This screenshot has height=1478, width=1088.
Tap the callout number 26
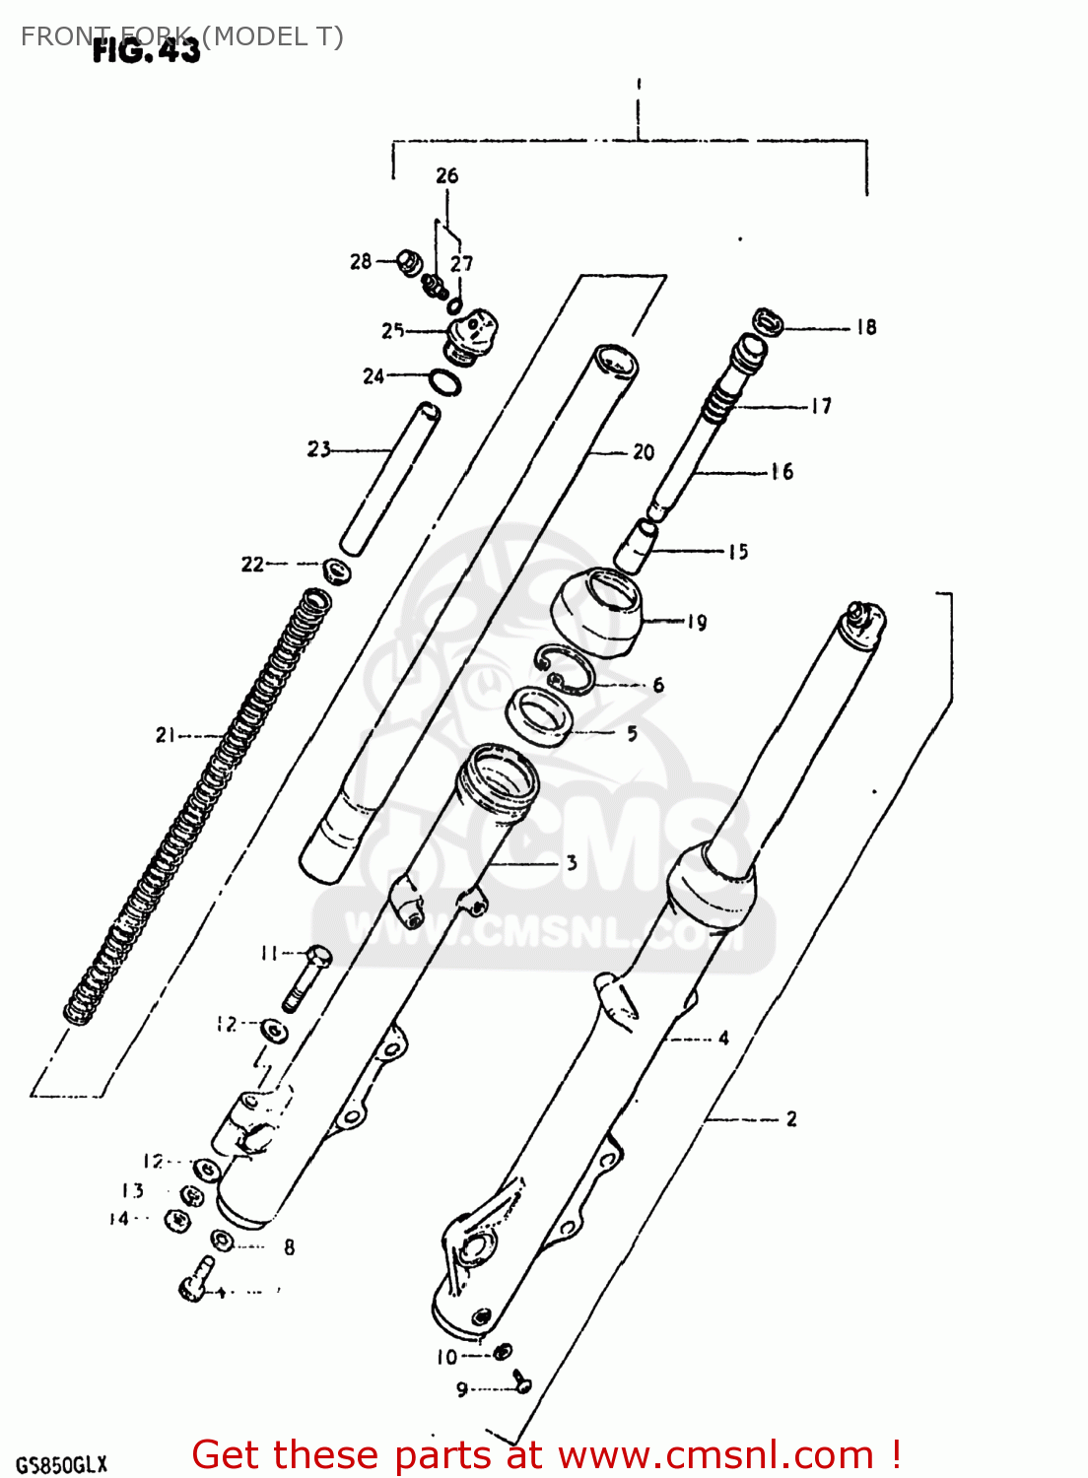tap(446, 175)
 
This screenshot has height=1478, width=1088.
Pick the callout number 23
tap(318, 449)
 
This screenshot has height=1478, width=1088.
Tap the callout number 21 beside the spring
tap(166, 734)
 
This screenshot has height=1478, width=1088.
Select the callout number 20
tap(644, 452)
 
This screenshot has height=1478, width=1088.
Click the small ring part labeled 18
tap(768, 322)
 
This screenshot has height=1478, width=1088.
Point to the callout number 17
tap(821, 406)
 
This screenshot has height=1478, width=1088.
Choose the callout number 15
tap(738, 552)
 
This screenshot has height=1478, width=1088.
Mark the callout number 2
tap(791, 1118)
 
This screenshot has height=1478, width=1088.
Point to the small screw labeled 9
tap(521, 1383)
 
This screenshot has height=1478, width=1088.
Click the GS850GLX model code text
tap(61, 1464)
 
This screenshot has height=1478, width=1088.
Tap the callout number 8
tap(289, 1247)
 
